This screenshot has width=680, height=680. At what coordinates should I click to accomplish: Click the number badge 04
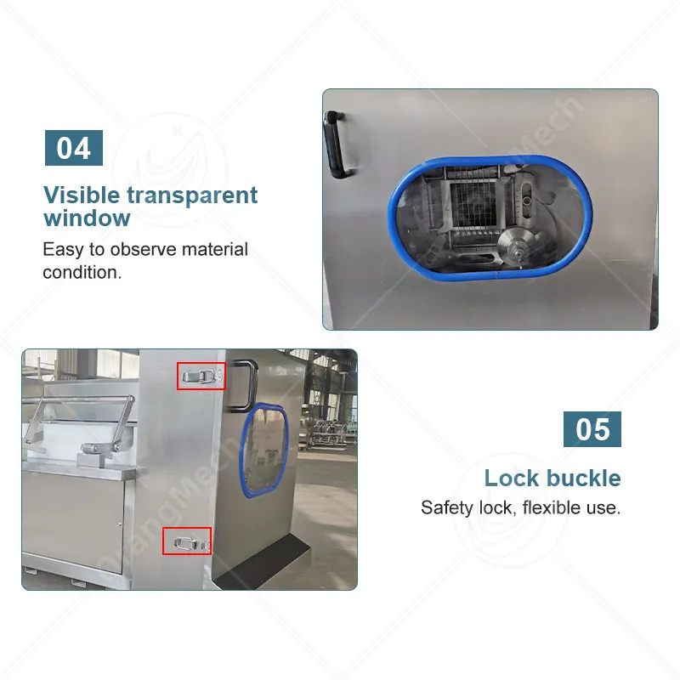tap(74, 148)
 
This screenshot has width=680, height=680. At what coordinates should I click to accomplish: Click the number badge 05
tap(592, 429)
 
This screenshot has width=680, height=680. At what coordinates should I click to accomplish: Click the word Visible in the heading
tap(82, 195)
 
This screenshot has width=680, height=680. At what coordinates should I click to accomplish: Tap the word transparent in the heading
tap(193, 195)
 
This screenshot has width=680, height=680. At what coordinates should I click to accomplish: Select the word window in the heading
tap(87, 218)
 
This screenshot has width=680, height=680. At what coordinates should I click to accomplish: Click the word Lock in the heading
tap(512, 479)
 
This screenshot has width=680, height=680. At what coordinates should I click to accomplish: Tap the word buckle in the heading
tap(583, 479)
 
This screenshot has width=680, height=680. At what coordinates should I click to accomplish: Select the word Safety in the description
tap(448, 507)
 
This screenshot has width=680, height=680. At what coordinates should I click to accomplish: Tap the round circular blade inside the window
tap(518, 248)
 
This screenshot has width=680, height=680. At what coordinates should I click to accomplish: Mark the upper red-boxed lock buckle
tap(201, 376)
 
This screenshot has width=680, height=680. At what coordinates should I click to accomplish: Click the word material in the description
tap(215, 249)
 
